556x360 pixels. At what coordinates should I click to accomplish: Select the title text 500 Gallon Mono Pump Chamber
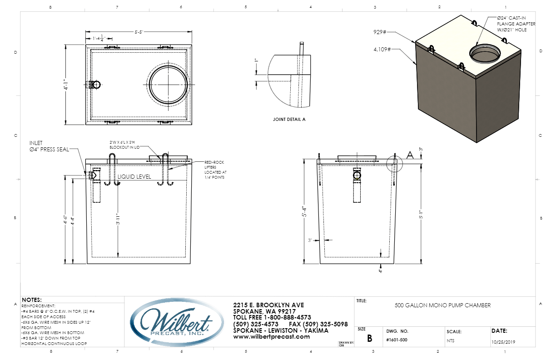click(x=443, y=305)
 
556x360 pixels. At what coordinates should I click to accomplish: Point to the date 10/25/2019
click(x=503, y=341)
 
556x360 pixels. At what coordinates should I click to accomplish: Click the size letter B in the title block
click(x=369, y=339)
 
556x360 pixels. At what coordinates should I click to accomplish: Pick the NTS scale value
click(x=450, y=341)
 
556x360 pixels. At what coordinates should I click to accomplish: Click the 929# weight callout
click(x=379, y=33)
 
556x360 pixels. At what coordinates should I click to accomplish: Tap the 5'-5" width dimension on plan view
click(x=139, y=32)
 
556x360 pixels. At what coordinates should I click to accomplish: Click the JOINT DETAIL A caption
click(x=289, y=119)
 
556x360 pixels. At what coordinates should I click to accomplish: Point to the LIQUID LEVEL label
click(x=134, y=176)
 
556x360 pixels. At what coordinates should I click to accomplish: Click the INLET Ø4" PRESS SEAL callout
click(x=49, y=146)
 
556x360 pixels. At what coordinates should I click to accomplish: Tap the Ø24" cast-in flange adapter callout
click(x=516, y=24)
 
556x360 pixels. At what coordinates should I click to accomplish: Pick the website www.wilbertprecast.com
click(x=271, y=337)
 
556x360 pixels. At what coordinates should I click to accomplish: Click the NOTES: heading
click(x=32, y=300)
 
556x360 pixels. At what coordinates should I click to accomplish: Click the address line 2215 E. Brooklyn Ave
click(x=268, y=305)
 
